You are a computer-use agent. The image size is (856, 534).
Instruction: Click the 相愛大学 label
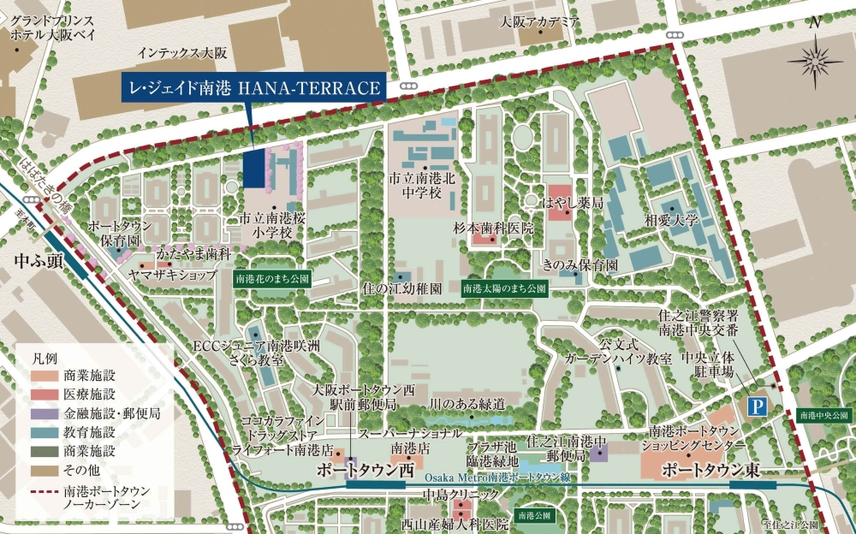point(672,220)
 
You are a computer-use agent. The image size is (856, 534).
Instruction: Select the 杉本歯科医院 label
point(494,228)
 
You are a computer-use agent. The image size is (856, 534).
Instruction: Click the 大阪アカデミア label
point(540,22)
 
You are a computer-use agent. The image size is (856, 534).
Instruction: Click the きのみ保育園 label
point(586,265)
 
